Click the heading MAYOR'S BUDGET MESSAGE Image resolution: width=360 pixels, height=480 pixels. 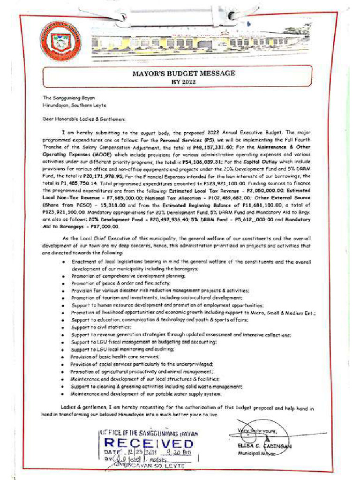[183, 74]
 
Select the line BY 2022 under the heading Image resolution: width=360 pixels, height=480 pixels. [183, 82]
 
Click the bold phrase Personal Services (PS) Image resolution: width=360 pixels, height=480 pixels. [172, 140]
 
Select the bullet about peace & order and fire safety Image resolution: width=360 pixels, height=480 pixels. [120, 284]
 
